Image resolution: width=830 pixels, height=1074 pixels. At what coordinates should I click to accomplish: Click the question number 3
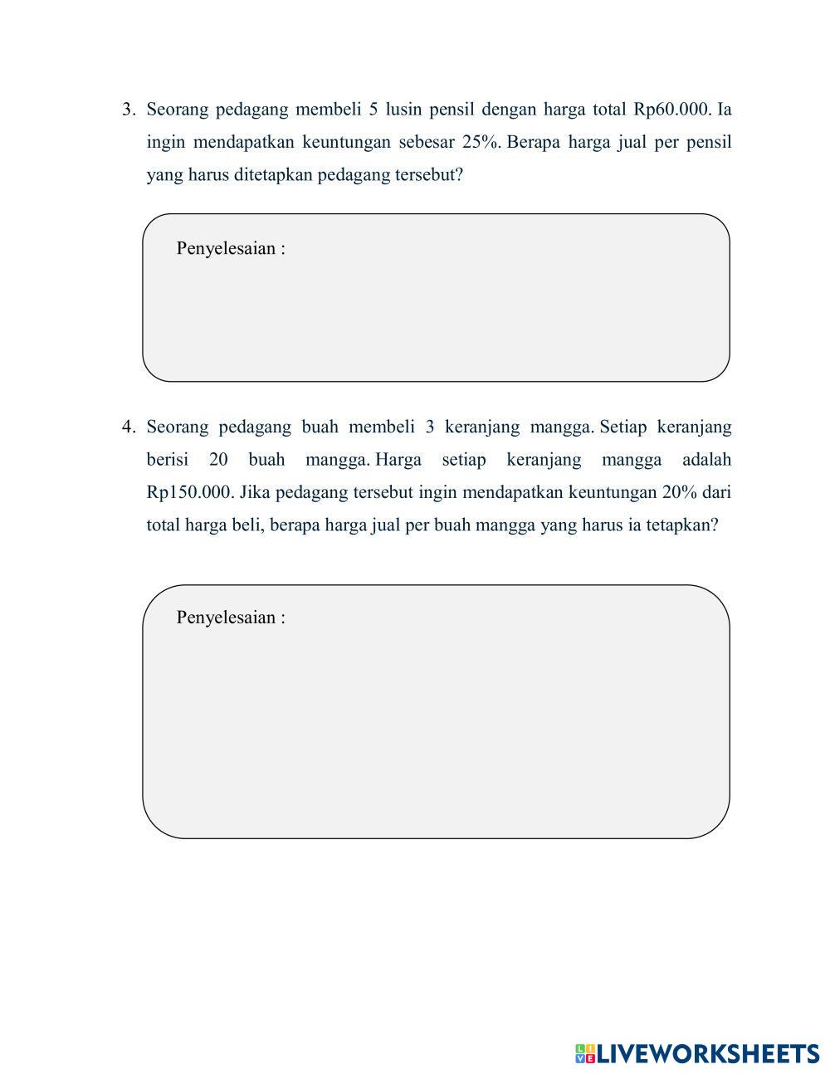[x=128, y=110]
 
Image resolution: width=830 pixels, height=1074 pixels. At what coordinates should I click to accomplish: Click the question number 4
[x=128, y=427]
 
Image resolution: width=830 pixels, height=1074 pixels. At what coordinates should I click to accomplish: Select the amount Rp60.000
[x=672, y=110]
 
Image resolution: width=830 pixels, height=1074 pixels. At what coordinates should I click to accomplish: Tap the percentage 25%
[x=481, y=142]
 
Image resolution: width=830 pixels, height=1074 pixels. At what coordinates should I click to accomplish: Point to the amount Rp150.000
[x=190, y=492]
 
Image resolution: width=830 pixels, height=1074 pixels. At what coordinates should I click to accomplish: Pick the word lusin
[x=403, y=110]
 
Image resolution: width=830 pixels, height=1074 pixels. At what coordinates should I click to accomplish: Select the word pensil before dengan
[x=453, y=110]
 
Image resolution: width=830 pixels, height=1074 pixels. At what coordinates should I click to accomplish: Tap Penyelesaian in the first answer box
[x=226, y=248]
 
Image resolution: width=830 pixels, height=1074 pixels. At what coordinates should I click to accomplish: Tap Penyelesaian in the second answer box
[x=226, y=618]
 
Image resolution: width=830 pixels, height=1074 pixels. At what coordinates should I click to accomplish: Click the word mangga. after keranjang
[x=561, y=427]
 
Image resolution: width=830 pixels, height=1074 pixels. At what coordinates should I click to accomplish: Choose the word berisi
[x=168, y=460]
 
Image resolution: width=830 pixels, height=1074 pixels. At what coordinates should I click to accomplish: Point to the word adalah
[x=706, y=460]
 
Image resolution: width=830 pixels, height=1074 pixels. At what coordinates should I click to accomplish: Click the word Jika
[x=255, y=492]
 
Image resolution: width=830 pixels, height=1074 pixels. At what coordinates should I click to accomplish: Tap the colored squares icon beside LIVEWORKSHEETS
[x=585, y=1054]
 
